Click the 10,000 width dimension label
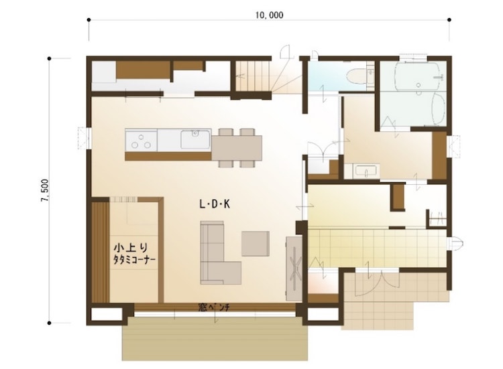coord(270,15)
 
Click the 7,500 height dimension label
coord(45,191)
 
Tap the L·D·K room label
coord(215,204)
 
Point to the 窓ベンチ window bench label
coord(213,308)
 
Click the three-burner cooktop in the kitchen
coord(141,140)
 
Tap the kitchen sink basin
coord(195,139)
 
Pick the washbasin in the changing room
coord(366,171)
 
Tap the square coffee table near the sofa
coord(256,244)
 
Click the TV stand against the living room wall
coord(294,269)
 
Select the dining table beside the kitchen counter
coord(237,147)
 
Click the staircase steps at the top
coord(251,76)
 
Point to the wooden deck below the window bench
coord(215,339)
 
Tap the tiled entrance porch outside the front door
coord(394,301)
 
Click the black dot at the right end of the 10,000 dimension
coord(449,20)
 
